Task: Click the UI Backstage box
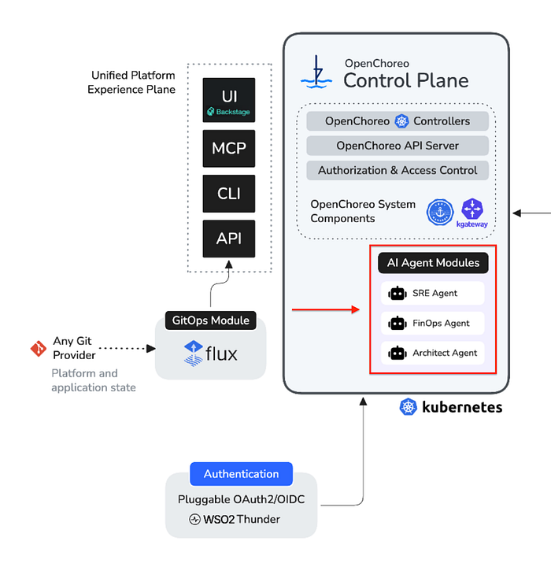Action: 228,100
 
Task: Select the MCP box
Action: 228,148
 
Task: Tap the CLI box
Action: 228,194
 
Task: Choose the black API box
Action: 228,239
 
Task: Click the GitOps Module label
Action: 211,320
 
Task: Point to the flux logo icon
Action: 193,354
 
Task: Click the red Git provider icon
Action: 39,348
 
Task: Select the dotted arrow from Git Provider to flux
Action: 127,348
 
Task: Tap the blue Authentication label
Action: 241,474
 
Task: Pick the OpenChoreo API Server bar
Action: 398,146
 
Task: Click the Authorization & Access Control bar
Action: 398,170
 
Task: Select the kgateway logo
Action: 472,213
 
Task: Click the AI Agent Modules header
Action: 433,263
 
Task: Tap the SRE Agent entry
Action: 433,294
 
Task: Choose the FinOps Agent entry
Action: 433,323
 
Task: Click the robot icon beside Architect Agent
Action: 398,354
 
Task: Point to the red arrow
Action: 326,309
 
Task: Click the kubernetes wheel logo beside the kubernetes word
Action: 409,407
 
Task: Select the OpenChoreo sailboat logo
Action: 316,72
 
